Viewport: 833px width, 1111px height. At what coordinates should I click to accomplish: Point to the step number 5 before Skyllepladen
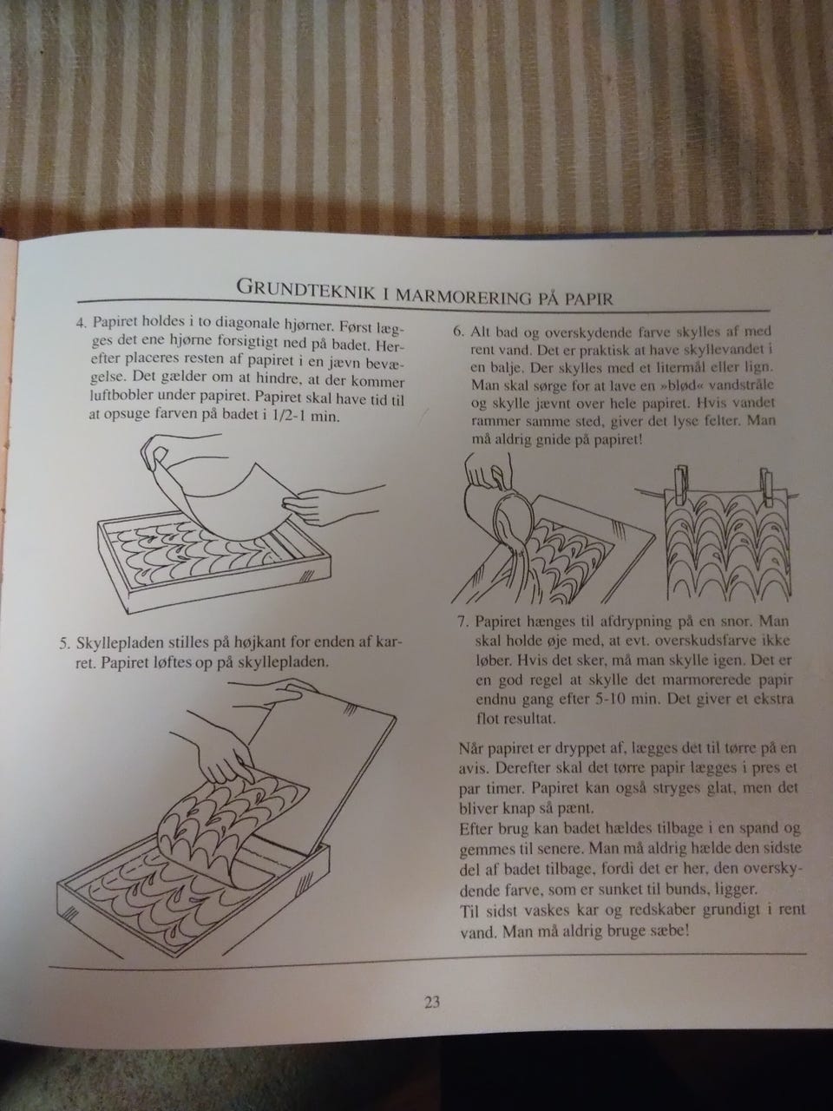pyautogui.click(x=64, y=644)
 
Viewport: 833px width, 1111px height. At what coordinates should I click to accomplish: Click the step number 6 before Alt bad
pyautogui.click(x=458, y=332)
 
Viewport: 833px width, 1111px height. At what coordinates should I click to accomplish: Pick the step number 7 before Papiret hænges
pyautogui.click(x=462, y=622)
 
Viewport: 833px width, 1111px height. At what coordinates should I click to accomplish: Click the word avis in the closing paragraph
pyautogui.click(x=473, y=769)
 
